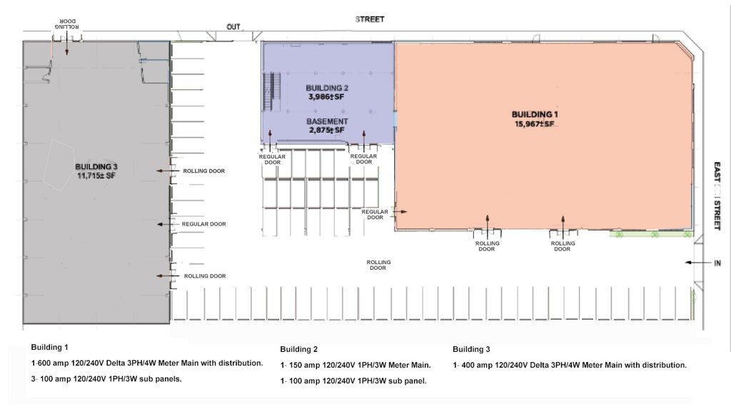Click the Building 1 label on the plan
535,114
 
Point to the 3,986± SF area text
326,96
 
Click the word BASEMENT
328,121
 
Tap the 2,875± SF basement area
327,130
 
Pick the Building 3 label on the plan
95,166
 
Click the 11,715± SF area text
95,176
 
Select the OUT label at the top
233,27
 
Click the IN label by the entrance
717,263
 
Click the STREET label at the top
370,19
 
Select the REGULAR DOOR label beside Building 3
203,224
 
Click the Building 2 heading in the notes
298,350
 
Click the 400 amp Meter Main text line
569,365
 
